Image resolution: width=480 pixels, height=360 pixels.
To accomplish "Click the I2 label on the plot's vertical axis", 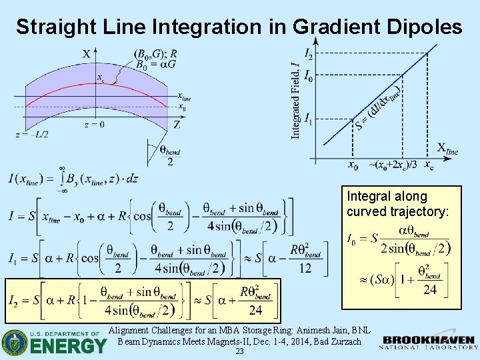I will click(308, 53).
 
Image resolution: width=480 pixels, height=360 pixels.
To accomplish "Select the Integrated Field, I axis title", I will click(295, 100).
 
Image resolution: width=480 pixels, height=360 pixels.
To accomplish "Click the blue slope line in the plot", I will click(373, 100).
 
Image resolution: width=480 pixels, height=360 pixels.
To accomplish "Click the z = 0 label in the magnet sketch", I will click(94, 124).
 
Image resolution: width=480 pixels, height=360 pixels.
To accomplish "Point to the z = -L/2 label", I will click(32, 134).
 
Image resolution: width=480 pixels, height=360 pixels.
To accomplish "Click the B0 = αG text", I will click(155, 65).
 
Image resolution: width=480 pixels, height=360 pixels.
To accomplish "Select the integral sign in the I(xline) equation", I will click(61, 179).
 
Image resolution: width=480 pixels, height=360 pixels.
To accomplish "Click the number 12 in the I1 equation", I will click(305, 267).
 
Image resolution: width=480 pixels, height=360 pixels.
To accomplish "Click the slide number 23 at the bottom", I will click(239, 352).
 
